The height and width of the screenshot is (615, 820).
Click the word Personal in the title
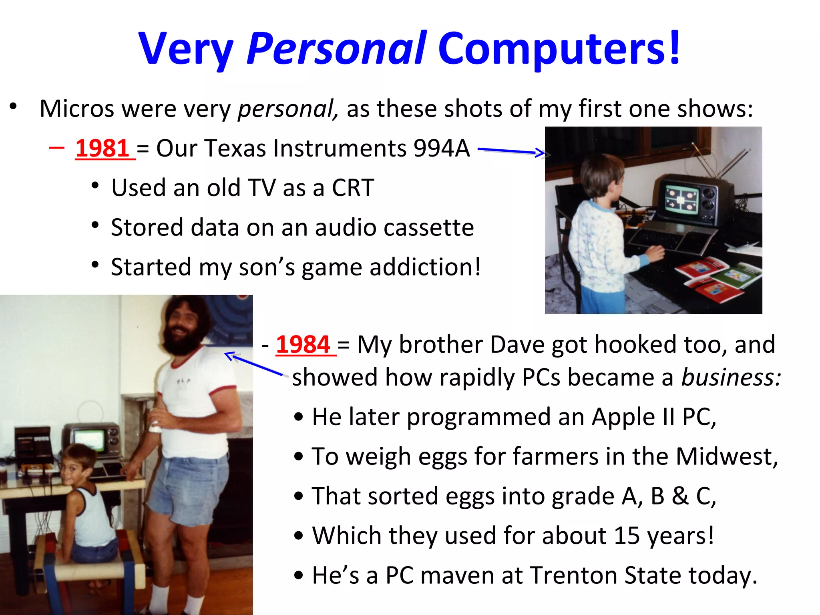click(336, 49)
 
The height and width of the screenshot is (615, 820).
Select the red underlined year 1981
click(102, 148)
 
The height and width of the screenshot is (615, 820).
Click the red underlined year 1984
click(303, 344)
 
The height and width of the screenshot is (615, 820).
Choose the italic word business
click(731, 377)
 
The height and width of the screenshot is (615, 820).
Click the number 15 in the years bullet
click(627, 536)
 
